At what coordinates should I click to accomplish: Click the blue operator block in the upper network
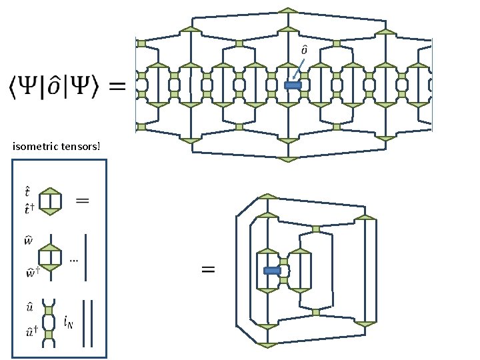pos(293,85)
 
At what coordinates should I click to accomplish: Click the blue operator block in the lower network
pos(271,271)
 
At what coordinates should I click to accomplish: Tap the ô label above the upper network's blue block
pos(304,49)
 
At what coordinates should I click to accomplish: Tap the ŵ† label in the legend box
pos(30,273)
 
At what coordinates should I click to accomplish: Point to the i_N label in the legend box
pos(68,322)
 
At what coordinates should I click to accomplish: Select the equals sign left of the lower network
pos(208,269)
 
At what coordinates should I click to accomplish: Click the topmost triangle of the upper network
pos(288,9)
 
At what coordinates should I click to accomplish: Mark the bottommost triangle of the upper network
pos(288,160)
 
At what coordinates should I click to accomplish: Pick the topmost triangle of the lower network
pos(267,196)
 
